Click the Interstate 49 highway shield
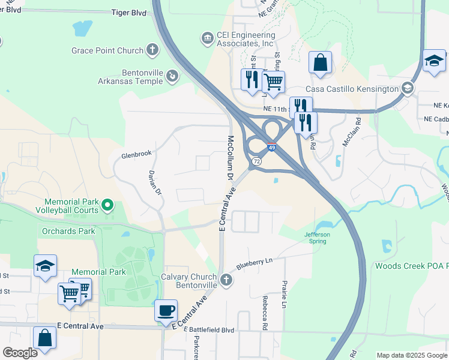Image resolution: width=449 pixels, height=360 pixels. (x=272, y=147)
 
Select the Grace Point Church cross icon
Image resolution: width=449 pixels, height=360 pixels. (x=152, y=50)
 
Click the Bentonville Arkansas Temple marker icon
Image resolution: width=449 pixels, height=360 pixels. (x=172, y=76)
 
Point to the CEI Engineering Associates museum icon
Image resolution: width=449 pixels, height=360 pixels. (x=208, y=38)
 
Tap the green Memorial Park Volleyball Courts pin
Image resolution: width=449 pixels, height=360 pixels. (x=107, y=206)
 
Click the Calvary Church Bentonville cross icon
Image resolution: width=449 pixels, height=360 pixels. (x=226, y=280)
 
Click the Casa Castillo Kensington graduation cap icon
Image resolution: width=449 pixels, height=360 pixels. (x=408, y=88)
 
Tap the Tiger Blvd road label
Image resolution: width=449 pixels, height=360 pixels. (x=130, y=11)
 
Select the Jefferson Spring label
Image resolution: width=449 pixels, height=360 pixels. (x=315, y=238)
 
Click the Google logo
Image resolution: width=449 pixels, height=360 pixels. (x=20, y=353)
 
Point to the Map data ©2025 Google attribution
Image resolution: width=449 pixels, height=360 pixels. (x=411, y=355)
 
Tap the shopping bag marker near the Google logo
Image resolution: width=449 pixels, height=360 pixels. (x=44, y=338)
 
